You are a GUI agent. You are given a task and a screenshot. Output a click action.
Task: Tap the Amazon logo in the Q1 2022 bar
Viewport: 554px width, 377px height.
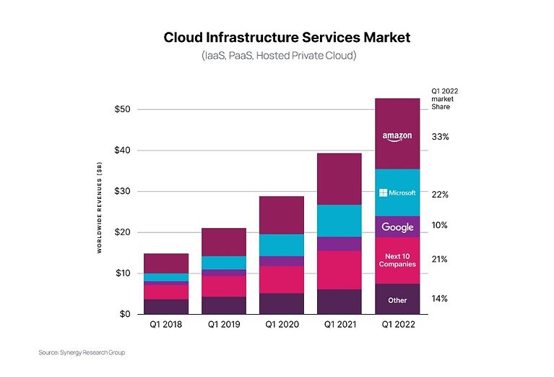pyautogui.click(x=397, y=137)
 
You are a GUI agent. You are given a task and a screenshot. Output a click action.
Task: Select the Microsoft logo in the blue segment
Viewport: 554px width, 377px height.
pyautogui.click(x=397, y=193)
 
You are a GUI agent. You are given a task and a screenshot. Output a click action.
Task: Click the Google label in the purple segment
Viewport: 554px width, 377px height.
pyautogui.click(x=397, y=227)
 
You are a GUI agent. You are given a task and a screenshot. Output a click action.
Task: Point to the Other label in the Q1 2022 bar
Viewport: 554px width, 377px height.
pyautogui.click(x=397, y=300)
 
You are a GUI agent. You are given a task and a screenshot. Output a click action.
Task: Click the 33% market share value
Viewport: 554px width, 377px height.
pyautogui.click(x=440, y=137)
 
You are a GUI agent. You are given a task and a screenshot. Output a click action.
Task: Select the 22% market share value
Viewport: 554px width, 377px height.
pyautogui.click(x=440, y=195)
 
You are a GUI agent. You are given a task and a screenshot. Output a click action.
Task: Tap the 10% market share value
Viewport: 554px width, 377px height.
pyautogui.click(x=440, y=225)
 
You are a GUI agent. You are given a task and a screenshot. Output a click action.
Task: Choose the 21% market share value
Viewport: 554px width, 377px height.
pyautogui.click(x=440, y=259)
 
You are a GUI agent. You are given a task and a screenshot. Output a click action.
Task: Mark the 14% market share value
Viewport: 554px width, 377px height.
pyautogui.click(x=440, y=298)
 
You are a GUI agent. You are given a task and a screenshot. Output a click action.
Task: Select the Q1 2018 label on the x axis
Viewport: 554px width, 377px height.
pyautogui.click(x=165, y=325)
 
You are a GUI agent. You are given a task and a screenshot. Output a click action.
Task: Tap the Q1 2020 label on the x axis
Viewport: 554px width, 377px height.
pyautogui.click(x=281, y=325)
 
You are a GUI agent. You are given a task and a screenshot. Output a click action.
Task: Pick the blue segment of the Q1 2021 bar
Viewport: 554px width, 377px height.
pyautogui.click(x=339, y=221)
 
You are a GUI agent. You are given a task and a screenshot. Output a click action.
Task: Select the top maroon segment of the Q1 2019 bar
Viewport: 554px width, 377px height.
pyautogui.click(x=223, y=242)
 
